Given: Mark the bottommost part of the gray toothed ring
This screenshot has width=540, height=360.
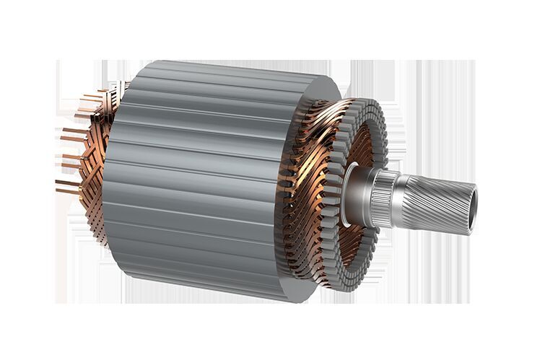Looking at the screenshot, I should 318,292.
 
